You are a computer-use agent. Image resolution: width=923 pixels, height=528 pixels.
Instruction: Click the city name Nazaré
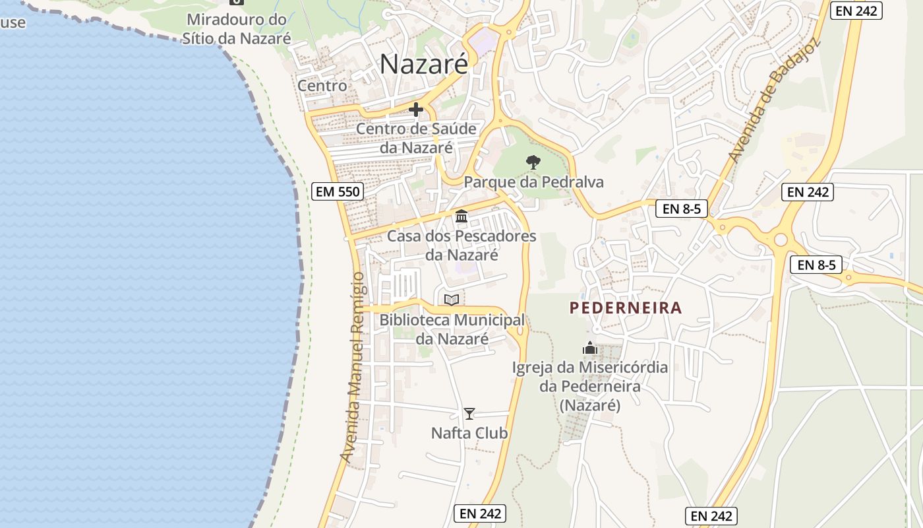424,64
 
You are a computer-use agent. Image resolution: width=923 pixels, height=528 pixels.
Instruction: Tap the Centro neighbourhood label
322,86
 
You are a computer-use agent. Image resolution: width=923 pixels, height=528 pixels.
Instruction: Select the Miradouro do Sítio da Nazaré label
237,29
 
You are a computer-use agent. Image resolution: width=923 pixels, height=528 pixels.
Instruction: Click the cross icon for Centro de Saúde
416,110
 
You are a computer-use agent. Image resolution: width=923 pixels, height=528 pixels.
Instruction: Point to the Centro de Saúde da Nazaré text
416,138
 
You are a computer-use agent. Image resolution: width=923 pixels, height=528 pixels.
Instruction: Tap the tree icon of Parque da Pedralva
533,162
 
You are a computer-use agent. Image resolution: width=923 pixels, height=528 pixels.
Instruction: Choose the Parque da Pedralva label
534,182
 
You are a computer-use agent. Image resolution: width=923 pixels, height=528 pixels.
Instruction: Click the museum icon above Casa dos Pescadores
461,216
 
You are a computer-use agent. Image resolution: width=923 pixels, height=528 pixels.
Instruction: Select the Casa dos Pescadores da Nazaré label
461,245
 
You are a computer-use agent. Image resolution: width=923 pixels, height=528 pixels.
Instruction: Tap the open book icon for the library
452,300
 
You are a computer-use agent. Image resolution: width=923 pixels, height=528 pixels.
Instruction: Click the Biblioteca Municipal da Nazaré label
452,329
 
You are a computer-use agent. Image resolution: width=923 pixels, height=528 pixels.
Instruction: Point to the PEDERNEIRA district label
626,308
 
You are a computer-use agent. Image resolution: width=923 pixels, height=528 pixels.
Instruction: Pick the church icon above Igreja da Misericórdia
590,348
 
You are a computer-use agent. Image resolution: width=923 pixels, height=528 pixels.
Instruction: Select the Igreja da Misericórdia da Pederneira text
590,386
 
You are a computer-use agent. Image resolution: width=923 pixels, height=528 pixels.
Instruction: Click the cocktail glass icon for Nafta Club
469,414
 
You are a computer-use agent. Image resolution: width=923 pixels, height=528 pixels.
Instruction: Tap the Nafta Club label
469,434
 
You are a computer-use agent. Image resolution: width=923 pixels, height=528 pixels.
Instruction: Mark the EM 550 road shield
338,192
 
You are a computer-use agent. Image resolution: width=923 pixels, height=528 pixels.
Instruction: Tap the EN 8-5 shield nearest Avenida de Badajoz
682,209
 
